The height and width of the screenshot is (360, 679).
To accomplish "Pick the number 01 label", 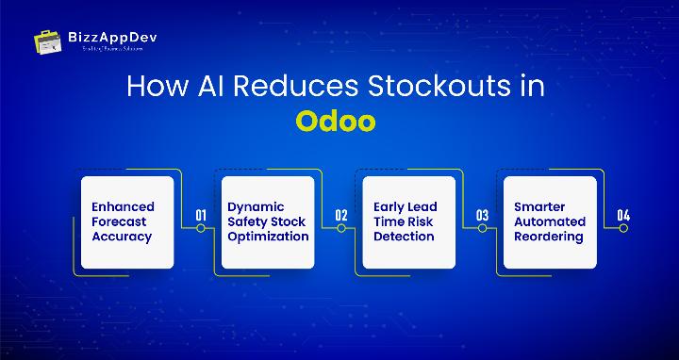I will pyautogui.click(x=201, y=216).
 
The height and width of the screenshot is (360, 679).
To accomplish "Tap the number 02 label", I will pyautogui.click(x=341, y=216).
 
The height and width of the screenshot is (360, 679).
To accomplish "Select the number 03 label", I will pyautogui.click(x=482, y=216).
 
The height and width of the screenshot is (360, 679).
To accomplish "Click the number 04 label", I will pyautogui.click(x=622, y=216).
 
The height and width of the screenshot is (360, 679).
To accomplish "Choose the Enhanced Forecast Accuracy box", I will pyautogui.click(x=127, y=222).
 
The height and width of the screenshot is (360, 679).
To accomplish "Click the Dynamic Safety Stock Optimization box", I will pyautogui.click(x=268, y=222).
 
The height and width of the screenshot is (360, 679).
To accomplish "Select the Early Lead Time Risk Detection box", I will pyautogui.click(x=408, y=222).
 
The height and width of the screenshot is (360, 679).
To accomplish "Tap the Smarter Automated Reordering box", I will pyautogui.click(x=549, y=222).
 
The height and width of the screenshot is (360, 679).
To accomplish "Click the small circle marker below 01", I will pyautogui.click(x=201, y=228).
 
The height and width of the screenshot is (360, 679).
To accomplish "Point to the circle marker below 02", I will pyautogui.click(x=341, y=228).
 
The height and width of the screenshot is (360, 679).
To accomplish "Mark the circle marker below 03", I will pyautogui.click(x=482, y=228).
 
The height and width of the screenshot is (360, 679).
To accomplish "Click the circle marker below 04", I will pyautogui.click(x=622, y=228).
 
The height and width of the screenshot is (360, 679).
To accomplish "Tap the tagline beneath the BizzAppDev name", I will pyautogui.click(x=100, y=48).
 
